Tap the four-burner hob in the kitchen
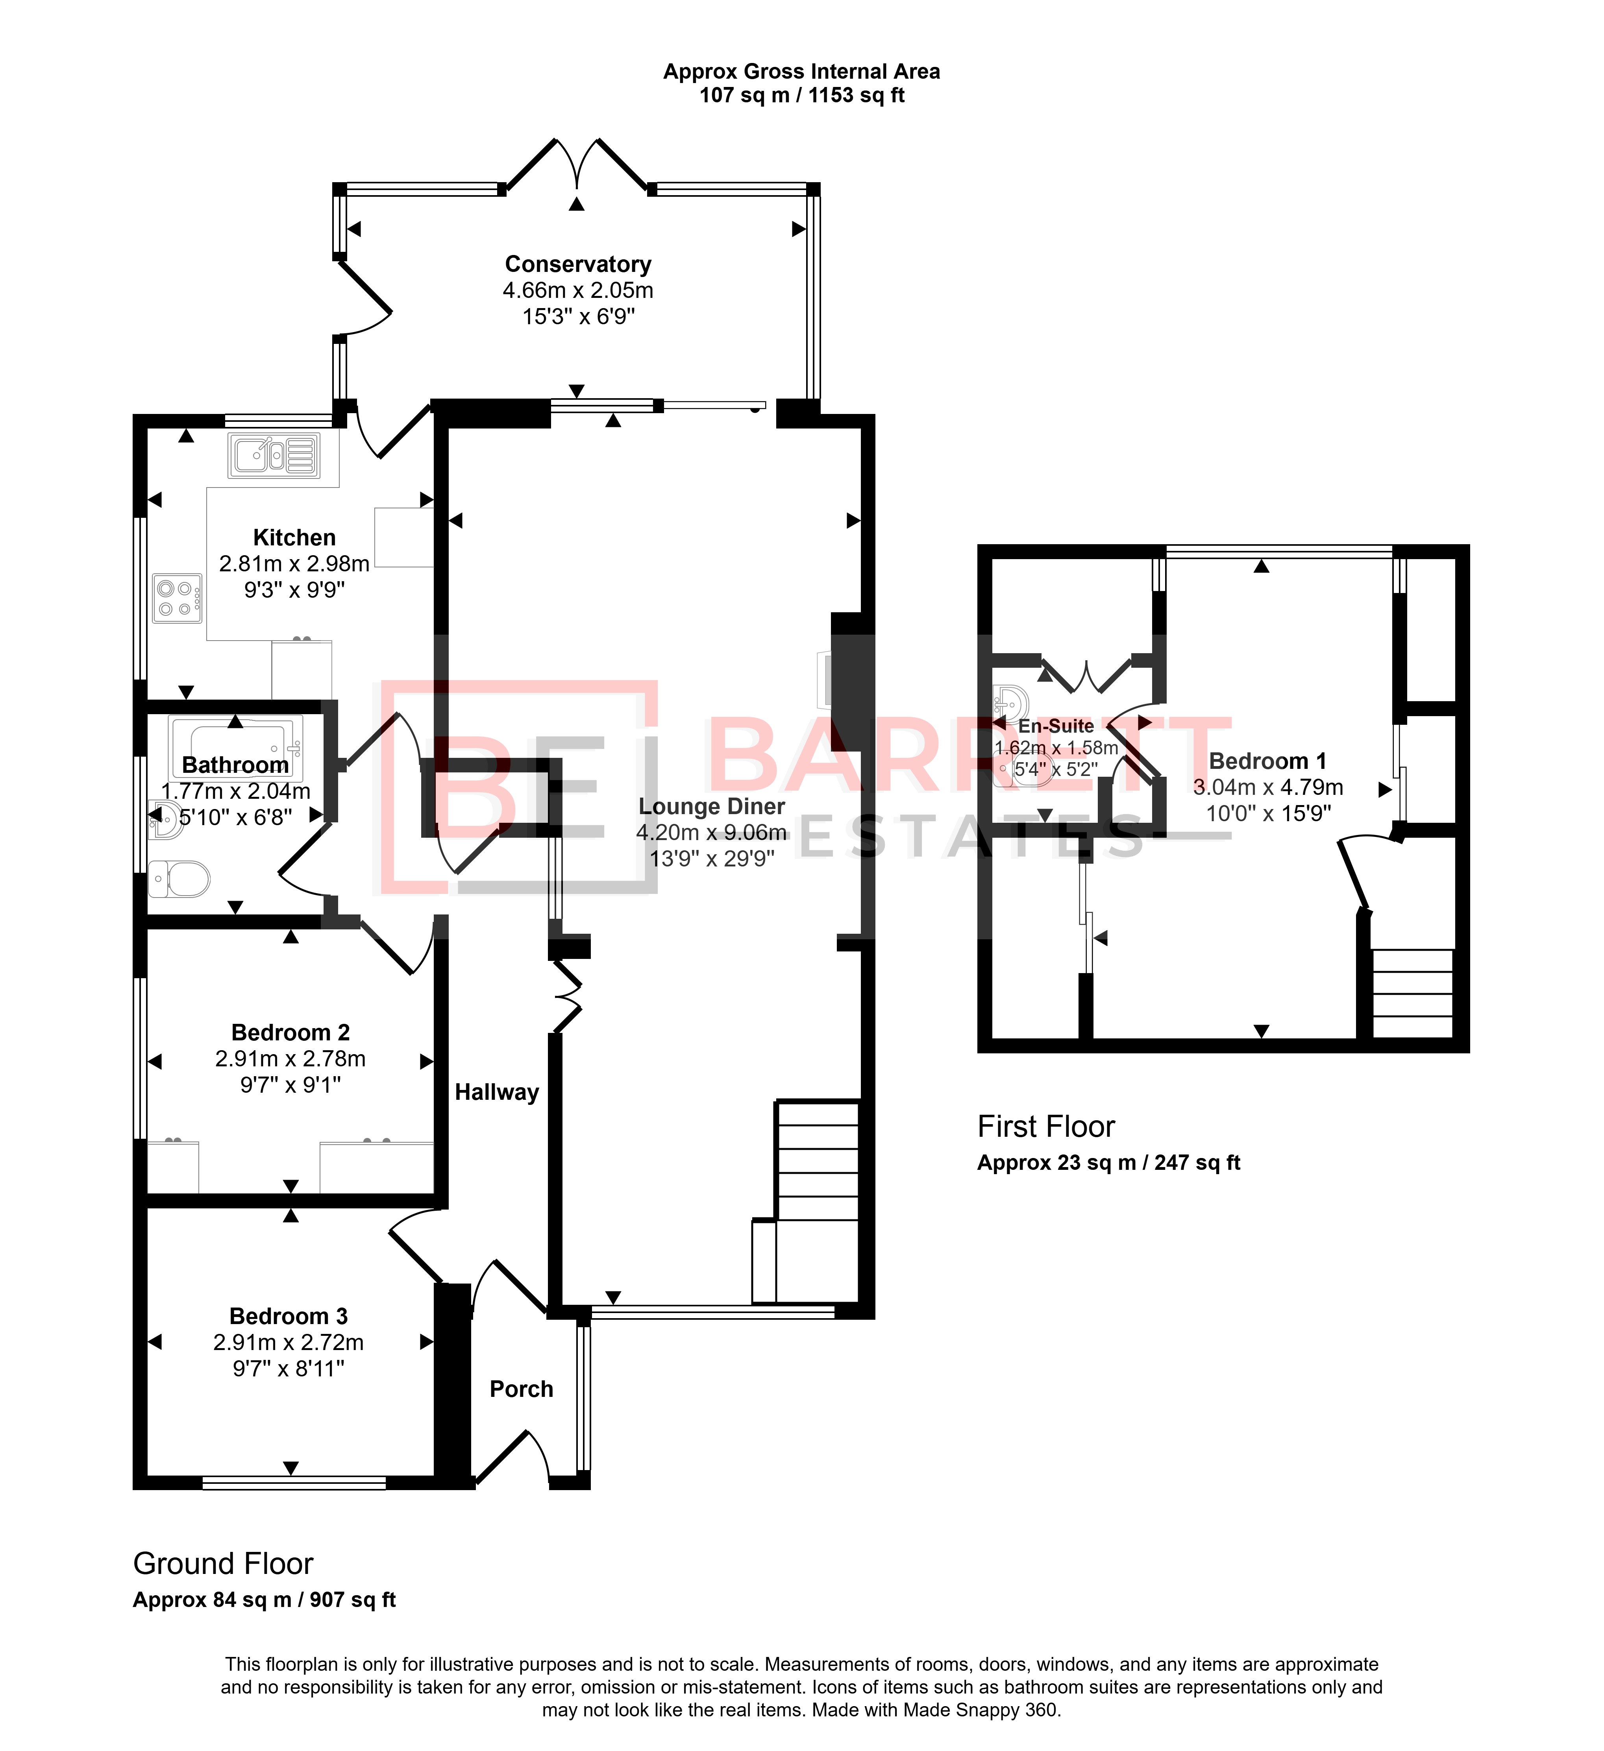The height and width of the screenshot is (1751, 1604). pos(177,598)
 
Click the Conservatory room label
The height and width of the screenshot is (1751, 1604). pos(578,264)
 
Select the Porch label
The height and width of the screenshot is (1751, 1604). pos(521,1389)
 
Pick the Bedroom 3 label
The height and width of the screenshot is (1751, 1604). pos(289,1316)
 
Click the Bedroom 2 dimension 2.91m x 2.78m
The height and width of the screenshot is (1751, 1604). pos(290,1059)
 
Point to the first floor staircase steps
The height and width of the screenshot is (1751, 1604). pos(1412,993)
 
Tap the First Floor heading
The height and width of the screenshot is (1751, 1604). pos(1046,1127)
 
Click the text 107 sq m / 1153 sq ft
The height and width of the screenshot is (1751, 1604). pos(802,96)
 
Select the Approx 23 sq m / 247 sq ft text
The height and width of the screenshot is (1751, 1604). pos(1109,1163)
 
